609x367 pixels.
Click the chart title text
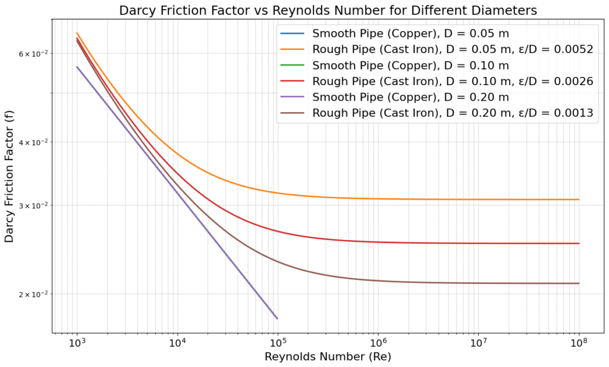click(x=328, y=10)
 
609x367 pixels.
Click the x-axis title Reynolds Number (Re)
click(x=328, y=356)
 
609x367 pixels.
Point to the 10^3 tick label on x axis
click(x=77, y=343)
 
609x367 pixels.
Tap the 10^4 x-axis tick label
click(x=177, y=343)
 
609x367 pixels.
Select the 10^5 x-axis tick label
click(x=278, y=343)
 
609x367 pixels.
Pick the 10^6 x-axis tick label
click(x=378, y=343)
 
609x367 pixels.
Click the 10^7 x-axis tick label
click(x=479, y=343)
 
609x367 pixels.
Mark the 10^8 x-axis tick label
click(x=579, y=343)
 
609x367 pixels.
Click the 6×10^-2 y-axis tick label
click(x=33, y=54)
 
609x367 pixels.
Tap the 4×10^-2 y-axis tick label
click(x=33, y=142)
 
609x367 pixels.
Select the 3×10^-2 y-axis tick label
click(x=33, y=206)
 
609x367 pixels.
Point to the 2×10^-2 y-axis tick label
click(x=33, y=294)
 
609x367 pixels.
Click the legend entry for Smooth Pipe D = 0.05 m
click(x=411, y=33)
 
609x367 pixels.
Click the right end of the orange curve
click(x=579, y=200)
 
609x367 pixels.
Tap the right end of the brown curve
click(x=579, y=284)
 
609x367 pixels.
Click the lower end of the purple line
click(x=277, y=318)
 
